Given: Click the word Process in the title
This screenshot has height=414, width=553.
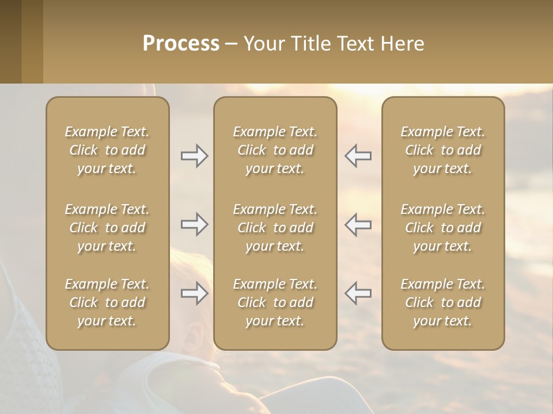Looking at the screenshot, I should coord(181,44).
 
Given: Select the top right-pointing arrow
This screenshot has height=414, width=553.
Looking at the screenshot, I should coord(194,156).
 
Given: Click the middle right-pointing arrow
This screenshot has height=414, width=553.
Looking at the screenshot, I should coord(194,224).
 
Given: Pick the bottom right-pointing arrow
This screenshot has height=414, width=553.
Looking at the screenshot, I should coord(194,293).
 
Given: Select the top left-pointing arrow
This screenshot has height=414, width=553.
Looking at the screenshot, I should coord(358,156).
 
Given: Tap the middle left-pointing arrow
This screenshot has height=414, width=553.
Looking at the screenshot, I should coord(358,224).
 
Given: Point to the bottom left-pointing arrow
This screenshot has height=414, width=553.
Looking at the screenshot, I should coord(358,293).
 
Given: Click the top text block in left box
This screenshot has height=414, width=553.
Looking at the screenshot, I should coord(107,150).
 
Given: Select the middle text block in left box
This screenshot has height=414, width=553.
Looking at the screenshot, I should coord(107,228).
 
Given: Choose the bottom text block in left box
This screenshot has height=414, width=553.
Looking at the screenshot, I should coord(107,302).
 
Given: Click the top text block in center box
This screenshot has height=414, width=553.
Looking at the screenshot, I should coord(275,150).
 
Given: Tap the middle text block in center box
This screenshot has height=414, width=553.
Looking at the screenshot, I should coord(275,228).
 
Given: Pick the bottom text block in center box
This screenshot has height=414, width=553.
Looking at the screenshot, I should coord(275,302).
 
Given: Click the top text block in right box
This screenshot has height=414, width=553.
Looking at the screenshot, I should coord(442,150).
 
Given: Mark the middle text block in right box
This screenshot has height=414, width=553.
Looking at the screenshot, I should coord(442,228).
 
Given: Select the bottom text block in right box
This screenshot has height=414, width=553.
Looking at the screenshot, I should coord(442,302).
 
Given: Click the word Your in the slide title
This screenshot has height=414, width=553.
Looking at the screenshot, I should coord(263,44).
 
